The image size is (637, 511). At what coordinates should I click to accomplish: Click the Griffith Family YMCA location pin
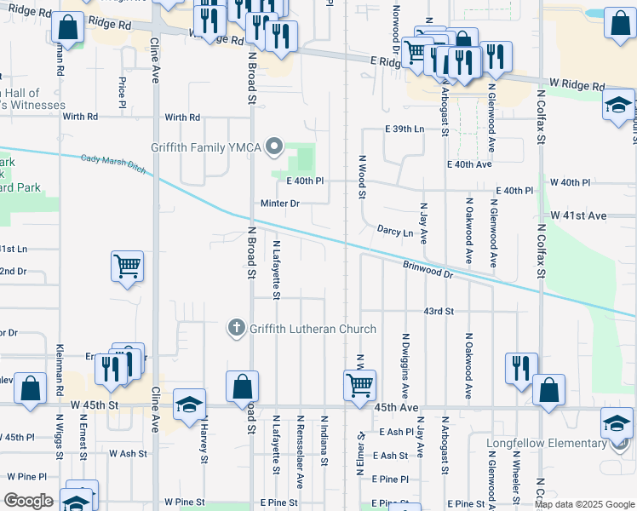tap(273, 148)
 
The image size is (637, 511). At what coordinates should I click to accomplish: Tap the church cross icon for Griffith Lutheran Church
tap(236, 328)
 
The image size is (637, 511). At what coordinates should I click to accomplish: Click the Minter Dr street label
tap(280, 204)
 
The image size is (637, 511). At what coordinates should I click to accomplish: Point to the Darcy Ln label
tap(395, 232)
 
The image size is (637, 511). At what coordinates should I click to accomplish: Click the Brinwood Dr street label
tap(428, 269)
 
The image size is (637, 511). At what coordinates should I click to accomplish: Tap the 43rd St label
tap(439, 312)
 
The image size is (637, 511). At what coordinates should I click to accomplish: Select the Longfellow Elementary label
tap(546, 443)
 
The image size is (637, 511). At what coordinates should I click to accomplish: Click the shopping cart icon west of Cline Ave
tap(127, 266)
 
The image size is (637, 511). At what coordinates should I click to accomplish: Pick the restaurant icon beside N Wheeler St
tap(521, 367)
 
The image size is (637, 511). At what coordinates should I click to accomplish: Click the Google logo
tap(28, 501)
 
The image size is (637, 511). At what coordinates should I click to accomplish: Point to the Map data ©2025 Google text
tap(583, 504)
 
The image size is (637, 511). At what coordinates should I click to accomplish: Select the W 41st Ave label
tap(578, 216)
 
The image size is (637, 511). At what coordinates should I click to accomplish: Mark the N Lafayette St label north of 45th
tap(276, 270)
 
